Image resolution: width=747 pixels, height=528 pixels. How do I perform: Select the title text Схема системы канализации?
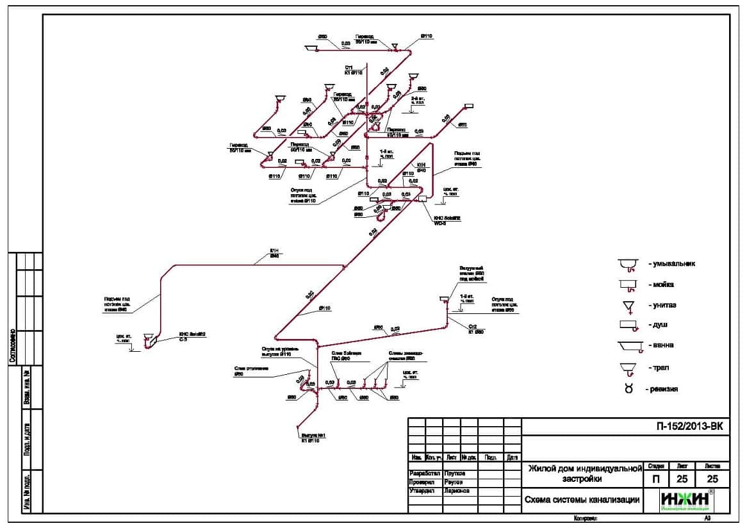point(582,500)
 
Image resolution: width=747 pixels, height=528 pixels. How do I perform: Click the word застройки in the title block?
point(582,479)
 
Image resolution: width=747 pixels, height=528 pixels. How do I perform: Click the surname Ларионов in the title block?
point(456,491)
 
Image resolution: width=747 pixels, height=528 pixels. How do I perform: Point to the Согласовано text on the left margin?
point(12,346)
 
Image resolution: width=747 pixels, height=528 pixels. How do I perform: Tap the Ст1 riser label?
point(350,69)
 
